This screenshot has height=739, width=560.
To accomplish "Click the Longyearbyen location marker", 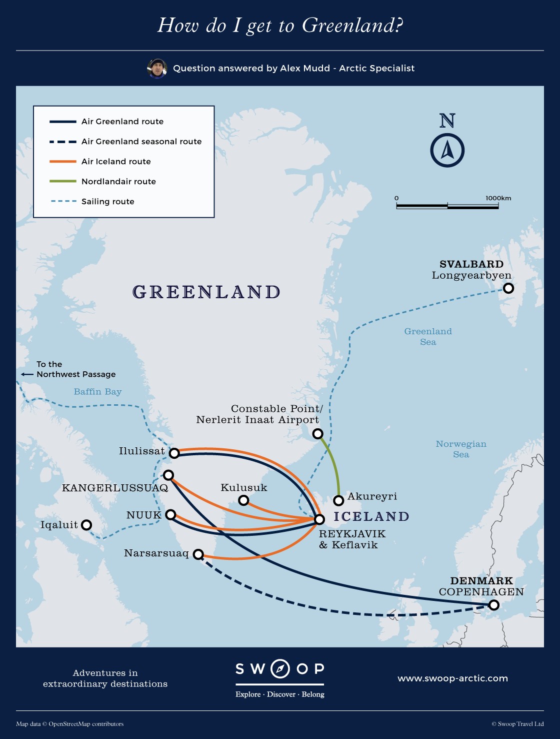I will pos(508,288).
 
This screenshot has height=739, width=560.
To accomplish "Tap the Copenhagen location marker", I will pos(493,605).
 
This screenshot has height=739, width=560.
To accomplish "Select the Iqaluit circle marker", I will pos(86,525).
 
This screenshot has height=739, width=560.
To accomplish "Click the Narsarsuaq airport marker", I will pos(198,554).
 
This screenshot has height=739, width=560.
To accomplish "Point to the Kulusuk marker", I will pos(243,500).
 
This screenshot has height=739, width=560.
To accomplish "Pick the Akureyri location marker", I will pos(338,500).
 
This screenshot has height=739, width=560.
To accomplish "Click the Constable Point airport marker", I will pos(317,434).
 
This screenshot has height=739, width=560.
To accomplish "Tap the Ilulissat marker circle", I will pos(174,453).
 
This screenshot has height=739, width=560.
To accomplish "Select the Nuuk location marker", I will pos(170,514).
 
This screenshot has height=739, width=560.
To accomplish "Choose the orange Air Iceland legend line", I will pos(62,162).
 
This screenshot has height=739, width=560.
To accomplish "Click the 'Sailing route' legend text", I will pos(107,202).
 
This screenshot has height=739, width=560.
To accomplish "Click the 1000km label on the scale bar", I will pos(498,198).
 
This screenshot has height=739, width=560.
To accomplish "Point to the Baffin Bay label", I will pos(97,392).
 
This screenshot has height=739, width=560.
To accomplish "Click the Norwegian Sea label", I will pos(460,449).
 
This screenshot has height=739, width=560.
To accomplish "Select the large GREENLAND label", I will pos(206,292).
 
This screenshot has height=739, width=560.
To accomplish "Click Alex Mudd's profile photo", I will pos(157,69).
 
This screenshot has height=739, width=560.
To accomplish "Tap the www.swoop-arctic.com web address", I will pos(452,678).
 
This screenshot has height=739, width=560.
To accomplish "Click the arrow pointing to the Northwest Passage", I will pos(27,374).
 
